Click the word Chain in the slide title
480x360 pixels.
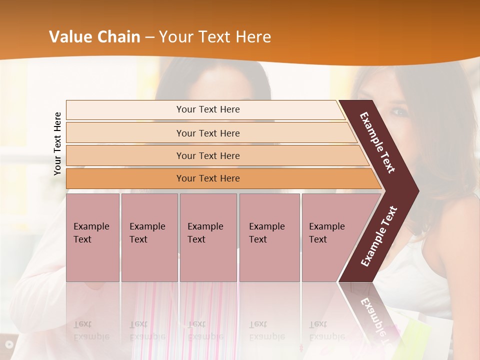click(119, 37)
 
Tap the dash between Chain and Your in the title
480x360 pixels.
click(149, 37)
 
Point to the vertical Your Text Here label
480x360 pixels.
click(57, 143)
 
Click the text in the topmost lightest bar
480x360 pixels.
click(208, 109)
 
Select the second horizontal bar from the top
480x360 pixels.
click(208, 133)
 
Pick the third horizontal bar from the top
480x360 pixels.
click(208, 156)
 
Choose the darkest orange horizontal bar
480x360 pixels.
click(208, 178)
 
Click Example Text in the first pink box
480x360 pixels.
click(91, 233)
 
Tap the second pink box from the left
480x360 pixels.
click(149, 237)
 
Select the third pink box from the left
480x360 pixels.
click(207, 237)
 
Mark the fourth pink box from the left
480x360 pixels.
click(269, 237)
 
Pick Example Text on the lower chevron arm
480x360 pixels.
click(379, 236)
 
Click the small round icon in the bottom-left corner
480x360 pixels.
click(8, 344)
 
